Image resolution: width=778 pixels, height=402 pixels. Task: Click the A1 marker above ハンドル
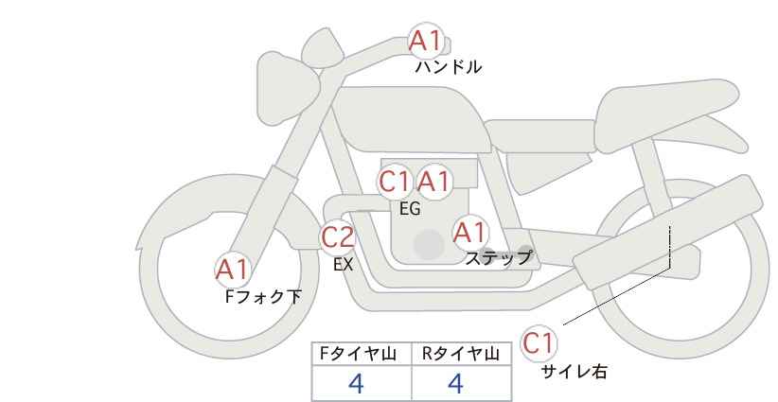click(426, 41)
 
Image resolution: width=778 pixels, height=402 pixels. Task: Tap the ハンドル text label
click(448, 67)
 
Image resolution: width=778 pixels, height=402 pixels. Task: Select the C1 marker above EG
click(395, 182)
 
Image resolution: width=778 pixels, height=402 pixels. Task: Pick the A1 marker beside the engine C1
click(433, 182)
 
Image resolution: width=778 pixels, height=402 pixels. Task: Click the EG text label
click(410, 209)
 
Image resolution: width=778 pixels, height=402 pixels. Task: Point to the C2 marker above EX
click(337, 236)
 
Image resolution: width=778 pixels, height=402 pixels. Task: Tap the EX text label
click(344, 265)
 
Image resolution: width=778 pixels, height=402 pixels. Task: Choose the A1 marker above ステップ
click(470, 233)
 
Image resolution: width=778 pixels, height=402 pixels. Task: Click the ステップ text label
click(498, 258)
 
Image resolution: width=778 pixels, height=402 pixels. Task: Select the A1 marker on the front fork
click(232, 271)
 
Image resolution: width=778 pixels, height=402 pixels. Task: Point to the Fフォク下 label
click(263, 297)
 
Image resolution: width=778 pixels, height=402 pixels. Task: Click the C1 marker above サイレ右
click(539, 343)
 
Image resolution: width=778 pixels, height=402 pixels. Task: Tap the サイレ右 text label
click(574, 372)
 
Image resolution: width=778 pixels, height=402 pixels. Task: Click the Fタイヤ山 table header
click(358, 354)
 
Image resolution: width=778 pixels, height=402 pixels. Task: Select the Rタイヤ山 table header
click(461, 354)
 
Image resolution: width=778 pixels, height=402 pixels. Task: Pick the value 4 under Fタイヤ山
click(356, 383)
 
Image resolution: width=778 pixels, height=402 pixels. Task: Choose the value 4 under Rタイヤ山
click(455, 383)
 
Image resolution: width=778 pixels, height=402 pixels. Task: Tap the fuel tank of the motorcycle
click(413, 119)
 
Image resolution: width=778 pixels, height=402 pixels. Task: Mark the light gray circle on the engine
click(429, 244)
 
